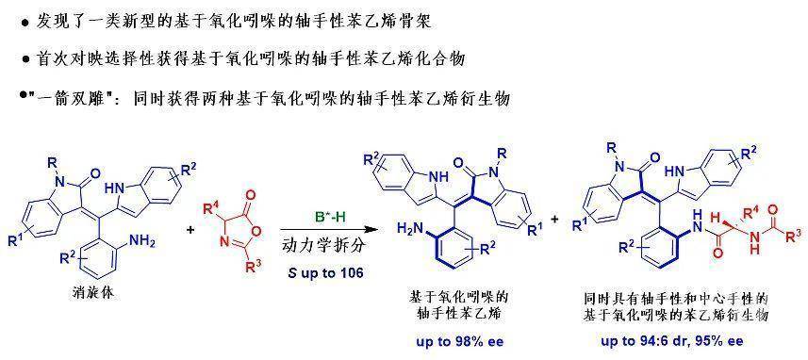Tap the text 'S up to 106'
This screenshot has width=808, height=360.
(324, 273)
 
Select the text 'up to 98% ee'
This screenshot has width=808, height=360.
(461, 342)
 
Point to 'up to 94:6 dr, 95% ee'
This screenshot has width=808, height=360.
(672, 342)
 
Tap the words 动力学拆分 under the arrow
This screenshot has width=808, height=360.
(324, 246)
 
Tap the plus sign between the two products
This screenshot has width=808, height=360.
(556, 220)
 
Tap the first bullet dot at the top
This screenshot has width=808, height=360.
(25, 24)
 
